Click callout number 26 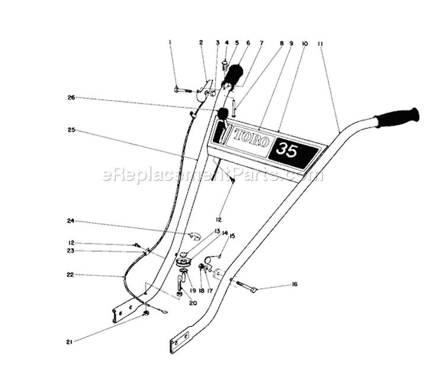coord(71,98)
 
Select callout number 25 coord(71,130)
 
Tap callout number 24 coord(70,221)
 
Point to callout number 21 coord(69,342)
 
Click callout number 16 coord(294,284)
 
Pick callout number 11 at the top coord(320,44)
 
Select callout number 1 coord(170,42)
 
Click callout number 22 coord(70,275)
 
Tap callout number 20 coord(193,303)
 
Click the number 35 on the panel coord(287,150)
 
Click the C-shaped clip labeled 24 coord(195,235)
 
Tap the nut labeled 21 coord(146,313)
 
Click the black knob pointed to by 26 coord(223,113)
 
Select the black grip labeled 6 coord(234,75)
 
